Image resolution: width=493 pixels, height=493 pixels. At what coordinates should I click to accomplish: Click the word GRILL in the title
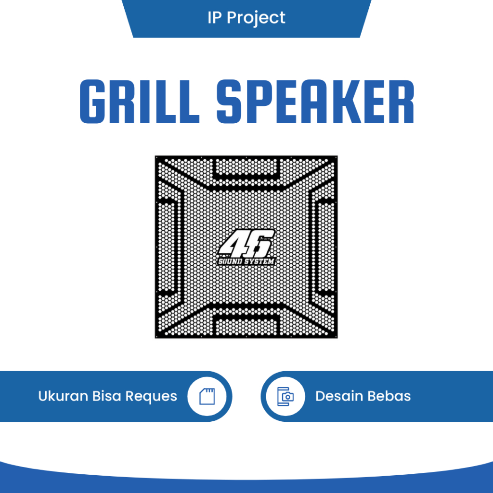tap(139, 102)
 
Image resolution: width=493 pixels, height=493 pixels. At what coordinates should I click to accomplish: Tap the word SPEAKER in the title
tap(315, 102)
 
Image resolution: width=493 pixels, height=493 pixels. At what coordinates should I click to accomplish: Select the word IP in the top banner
tap(214, 18)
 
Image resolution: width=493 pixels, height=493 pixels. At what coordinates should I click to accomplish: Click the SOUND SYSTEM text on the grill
tap(246, 261)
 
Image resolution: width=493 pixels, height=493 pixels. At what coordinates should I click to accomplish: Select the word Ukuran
tap(63, 396)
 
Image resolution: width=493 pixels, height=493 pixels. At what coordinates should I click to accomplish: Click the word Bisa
tap(108, 396)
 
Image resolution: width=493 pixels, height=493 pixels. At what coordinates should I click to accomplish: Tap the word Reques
tap(151, 397)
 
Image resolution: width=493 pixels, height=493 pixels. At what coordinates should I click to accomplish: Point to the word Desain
tap(339, 396)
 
